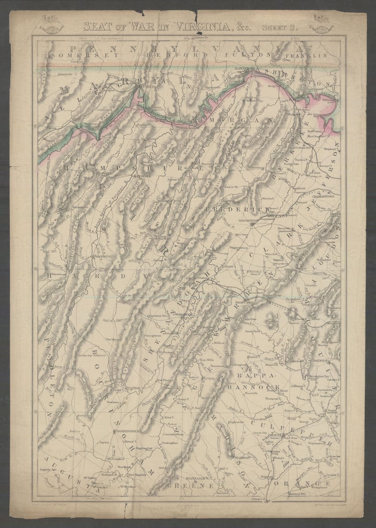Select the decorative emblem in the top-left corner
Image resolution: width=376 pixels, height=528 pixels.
[51, 24]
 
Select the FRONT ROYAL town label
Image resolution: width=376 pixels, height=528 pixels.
[246, 302]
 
